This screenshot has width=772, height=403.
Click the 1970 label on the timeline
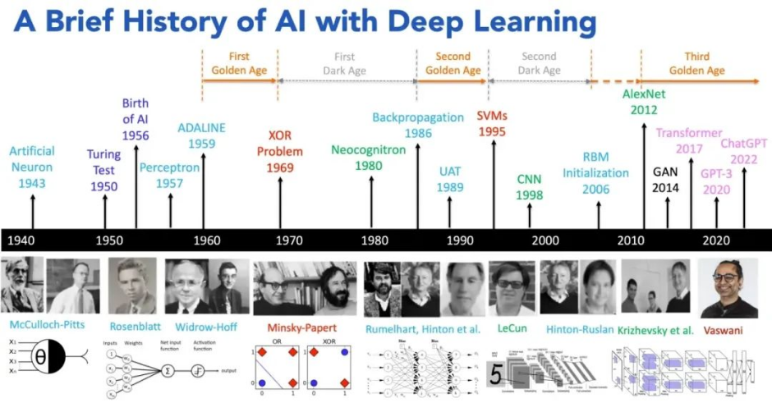coord(288,240)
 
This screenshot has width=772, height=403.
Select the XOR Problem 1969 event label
coord(280,152)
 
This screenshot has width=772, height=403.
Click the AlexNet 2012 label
coord(643,101)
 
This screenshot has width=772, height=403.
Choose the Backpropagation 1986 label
coord(418,125)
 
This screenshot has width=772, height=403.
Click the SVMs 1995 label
coord(492,123)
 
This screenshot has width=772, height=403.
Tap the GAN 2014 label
coord(667,180)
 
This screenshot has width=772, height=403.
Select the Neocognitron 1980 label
coord(369,158)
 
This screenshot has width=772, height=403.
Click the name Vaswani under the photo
coord(726,329)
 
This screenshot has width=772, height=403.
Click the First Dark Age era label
coord(345,63)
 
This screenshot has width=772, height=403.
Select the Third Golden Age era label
coord(696,63)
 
